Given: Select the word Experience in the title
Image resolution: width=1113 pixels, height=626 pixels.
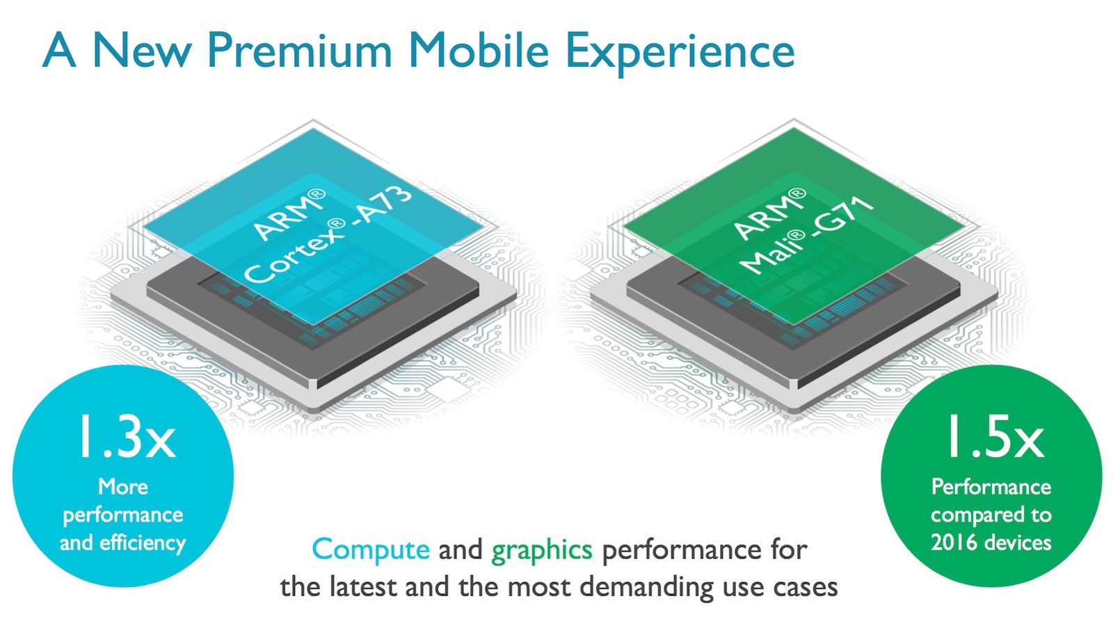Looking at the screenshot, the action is (681, 54).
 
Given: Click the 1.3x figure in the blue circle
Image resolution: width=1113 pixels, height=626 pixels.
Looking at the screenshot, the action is (127, 437).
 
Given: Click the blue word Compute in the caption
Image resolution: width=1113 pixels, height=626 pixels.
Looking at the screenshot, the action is (371, 549).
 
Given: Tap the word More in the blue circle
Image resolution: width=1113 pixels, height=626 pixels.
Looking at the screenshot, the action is (122, 487).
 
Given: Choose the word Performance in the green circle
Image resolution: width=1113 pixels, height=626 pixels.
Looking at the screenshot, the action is (991, 487).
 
